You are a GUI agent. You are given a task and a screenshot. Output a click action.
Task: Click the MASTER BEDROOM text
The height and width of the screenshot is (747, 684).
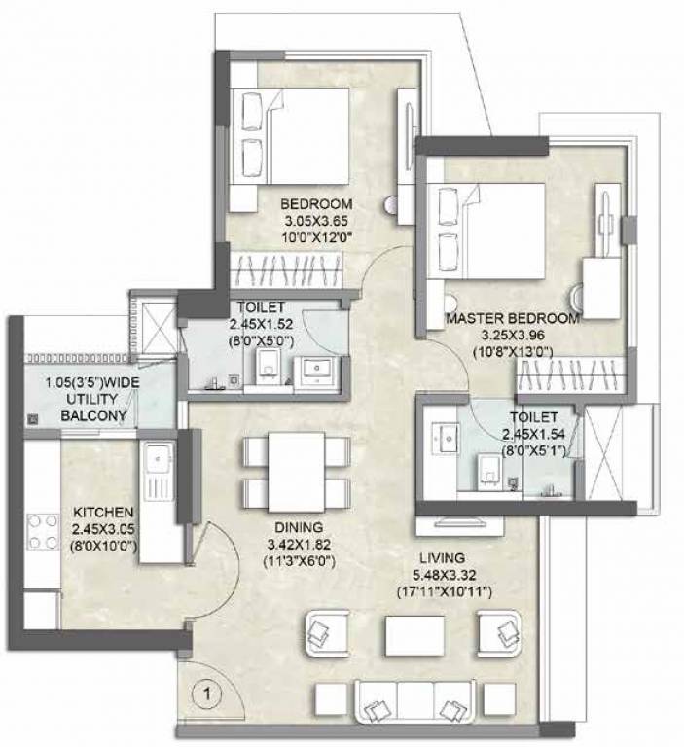tap(513, 318)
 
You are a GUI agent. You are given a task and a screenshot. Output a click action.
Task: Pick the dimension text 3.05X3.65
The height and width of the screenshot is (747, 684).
tap(316, 220)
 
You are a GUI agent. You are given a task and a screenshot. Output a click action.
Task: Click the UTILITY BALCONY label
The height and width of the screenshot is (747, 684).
tap(92, 400)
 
